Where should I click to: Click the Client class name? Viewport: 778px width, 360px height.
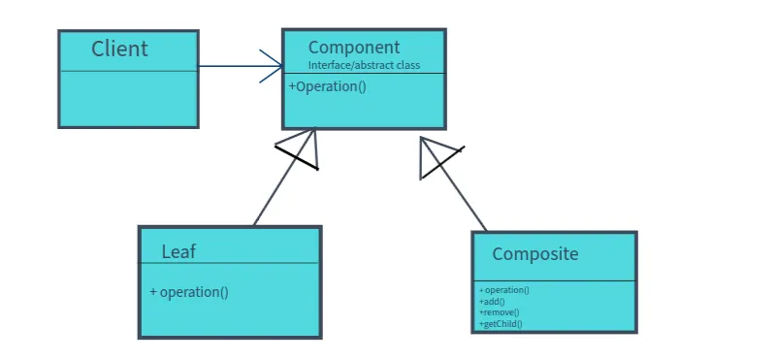click(x=119, y=49)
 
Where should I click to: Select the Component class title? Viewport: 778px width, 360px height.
click(x=353, y=48)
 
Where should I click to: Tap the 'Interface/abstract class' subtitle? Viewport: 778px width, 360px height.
click(x=363, y=65)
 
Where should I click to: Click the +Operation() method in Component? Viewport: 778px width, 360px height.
click(x=327, y=86)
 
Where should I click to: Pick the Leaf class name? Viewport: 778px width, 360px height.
click(x=178, y=251)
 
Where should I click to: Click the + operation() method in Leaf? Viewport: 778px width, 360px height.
click(x=189, y=292)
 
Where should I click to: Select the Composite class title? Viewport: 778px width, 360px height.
click(x=535, y=254)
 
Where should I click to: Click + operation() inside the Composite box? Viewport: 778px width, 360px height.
click(x=503, y=289)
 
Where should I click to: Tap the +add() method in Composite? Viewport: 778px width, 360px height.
click(x=493, y=301)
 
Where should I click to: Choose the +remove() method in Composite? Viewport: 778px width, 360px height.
click(x=499, y=312)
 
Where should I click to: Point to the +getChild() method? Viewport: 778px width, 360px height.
click(x=501, y=324)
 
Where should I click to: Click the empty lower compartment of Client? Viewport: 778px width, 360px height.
click(x=128, y=98)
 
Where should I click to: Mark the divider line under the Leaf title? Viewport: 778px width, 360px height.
click(x=229, y=263)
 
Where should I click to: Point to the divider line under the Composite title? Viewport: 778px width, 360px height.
click(x=554, y=281)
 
